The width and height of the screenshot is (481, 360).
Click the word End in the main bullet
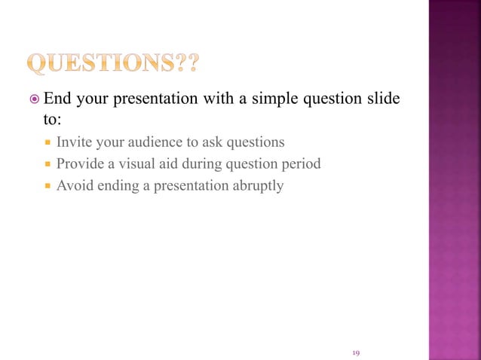coord(57,99)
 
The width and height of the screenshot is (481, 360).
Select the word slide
coord(381,99)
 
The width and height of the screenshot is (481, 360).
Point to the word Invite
coord(73,141)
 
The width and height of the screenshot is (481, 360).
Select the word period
coord(299,163)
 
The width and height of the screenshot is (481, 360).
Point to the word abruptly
coord(258,185)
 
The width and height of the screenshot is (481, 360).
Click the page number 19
coord(357,352)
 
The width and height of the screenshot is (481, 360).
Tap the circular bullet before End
coord(32,99)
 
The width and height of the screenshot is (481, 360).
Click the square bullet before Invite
coord(47,142)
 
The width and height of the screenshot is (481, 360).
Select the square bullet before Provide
coord(47,163)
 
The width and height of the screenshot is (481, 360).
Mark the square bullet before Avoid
coord(47,185)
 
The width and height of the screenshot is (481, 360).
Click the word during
coord(195,163)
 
